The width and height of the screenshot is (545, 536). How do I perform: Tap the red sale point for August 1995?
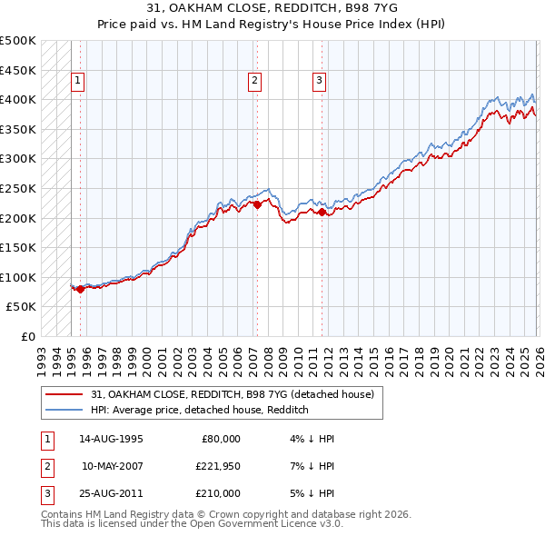(x=80, y=290)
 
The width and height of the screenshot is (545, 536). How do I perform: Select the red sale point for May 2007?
(x=257, y=205)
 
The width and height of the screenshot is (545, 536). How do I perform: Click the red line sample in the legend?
(x=65, y=394)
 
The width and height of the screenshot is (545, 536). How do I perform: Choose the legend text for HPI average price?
(x=200, y=410)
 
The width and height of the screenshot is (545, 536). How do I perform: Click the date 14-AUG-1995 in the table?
(x=111, y=439)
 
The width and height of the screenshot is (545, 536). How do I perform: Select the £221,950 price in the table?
(x=215, y=466)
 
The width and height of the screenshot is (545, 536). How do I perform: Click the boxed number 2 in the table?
(x=45, y=466)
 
